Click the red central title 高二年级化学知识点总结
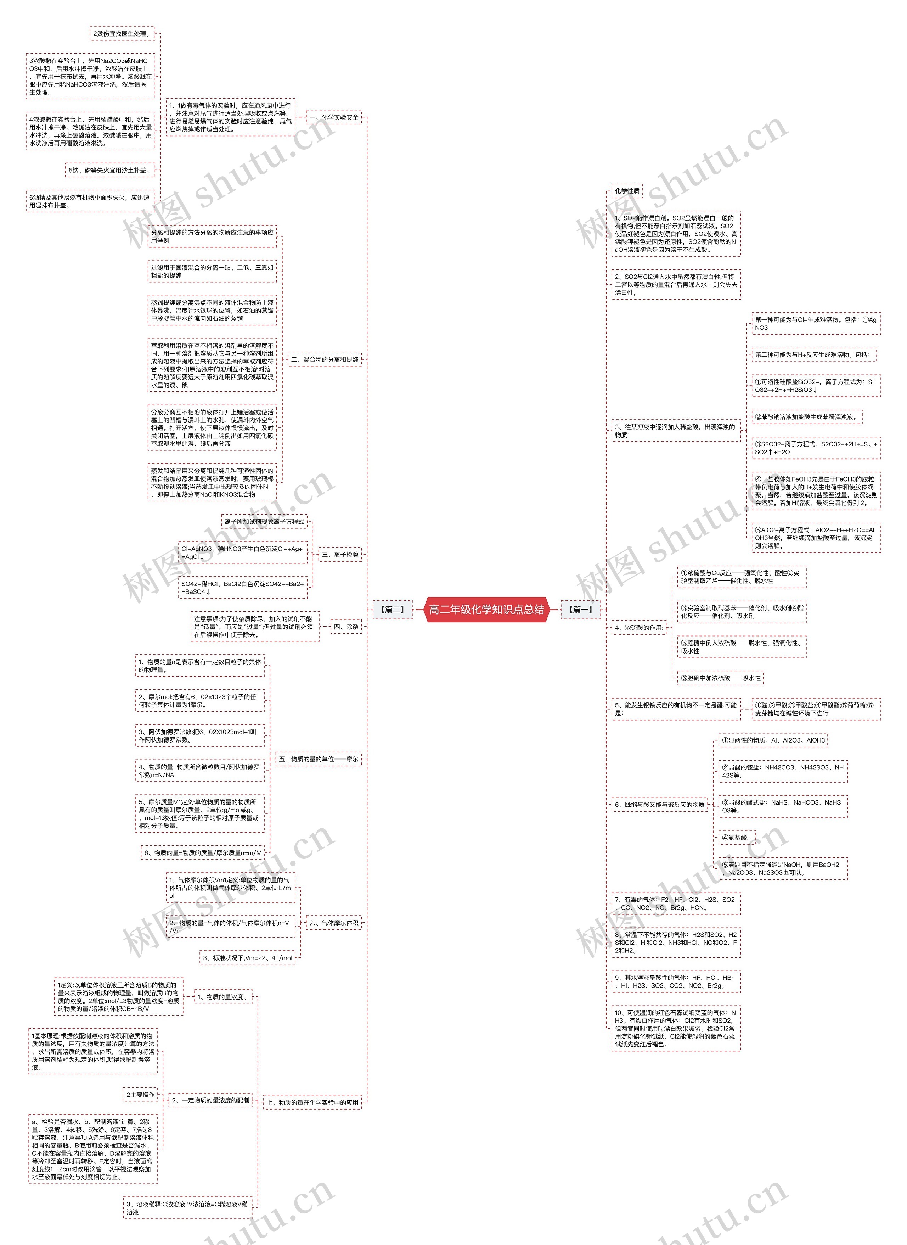486,609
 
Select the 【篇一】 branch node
580,609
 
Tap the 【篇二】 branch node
392,609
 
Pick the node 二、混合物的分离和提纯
325,359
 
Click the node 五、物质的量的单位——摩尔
319,759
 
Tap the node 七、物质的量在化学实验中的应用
312,1102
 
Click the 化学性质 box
627,191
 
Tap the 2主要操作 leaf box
141,1094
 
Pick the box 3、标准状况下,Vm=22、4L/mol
248,958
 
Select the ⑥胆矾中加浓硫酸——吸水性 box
720,678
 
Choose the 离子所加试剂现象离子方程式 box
264,521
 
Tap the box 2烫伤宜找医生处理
122,34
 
